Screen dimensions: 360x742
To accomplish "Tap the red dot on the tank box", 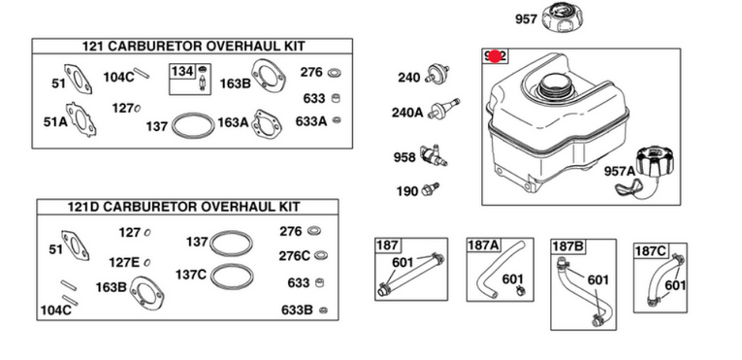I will pos(496,56).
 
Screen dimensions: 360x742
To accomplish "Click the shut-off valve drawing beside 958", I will pos(433,156).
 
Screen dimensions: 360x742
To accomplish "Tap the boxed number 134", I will pos(182,72).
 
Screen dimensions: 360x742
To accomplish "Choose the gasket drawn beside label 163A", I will pos(269,123).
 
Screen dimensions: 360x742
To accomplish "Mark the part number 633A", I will pos(310,121).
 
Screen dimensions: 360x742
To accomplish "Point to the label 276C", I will pos(294,256).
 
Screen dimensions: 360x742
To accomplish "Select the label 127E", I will pos(124,262).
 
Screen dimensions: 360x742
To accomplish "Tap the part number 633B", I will pos(297,310).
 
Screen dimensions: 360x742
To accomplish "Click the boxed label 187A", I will pos(484,245).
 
